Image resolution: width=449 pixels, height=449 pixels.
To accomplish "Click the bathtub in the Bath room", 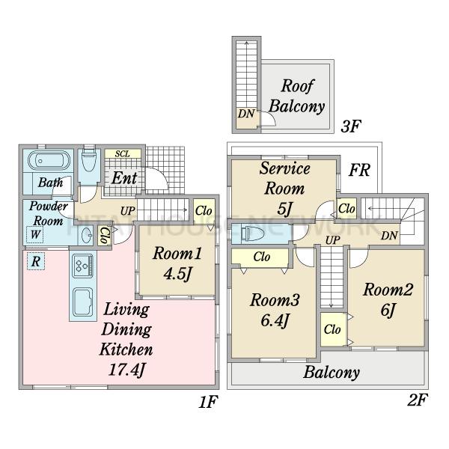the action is point(49,161).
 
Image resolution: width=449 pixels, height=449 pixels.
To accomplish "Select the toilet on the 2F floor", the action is point(252,233).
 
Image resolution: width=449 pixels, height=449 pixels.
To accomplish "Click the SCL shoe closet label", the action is point(123,153).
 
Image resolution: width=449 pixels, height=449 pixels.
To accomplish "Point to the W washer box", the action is point(35,234).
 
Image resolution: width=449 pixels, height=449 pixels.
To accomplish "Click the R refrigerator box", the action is point(36,261).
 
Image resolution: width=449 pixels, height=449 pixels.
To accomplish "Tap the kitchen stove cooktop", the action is point(83,266).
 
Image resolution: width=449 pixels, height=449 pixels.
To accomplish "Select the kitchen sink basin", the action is point(83,302).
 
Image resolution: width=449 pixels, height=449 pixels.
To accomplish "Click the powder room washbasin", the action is point(85,235).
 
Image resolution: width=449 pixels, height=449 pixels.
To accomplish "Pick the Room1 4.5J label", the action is point(177,263).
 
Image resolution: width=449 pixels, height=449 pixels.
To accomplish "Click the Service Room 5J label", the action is point(284,189).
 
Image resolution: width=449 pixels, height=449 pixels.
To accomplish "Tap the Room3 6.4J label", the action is point(275,310).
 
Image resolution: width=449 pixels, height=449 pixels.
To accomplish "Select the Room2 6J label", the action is point(388,299).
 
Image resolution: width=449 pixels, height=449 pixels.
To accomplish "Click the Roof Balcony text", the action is point(297,96).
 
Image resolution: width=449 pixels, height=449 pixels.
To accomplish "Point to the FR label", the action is point(360,170).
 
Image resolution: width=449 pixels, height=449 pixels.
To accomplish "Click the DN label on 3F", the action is point(246,114).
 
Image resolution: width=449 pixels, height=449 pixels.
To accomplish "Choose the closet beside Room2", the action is point(333,329).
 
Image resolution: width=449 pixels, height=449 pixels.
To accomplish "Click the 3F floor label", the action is point(351,126).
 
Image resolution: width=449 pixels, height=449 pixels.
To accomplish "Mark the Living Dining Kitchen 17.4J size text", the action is point(126,370).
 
